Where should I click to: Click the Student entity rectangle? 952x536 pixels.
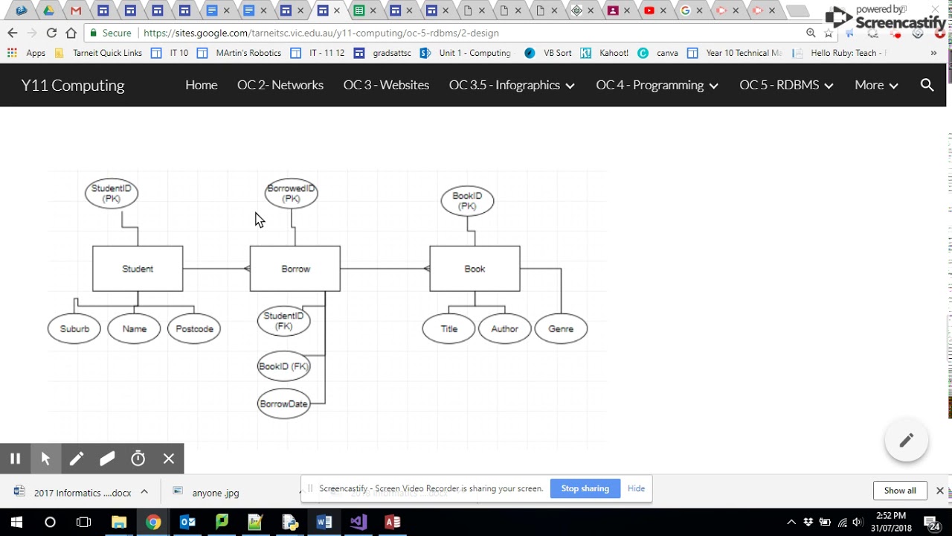138,269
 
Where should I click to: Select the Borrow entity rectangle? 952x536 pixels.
295,269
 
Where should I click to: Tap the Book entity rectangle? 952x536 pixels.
475,269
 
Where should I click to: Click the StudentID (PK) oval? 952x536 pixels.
112,194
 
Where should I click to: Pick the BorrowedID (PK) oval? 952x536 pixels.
292,194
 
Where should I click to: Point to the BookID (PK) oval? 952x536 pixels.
467,201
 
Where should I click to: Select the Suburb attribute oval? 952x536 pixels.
74,329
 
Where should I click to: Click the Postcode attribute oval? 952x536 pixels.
194,329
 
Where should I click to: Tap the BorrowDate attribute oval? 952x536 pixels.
283,404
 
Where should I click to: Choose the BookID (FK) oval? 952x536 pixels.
283,366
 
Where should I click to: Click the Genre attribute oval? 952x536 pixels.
561,329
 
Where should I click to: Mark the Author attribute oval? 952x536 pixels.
504,329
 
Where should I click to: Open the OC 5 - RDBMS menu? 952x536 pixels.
785,85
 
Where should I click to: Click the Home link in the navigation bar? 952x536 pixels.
201,85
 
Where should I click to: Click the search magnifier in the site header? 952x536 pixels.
927,85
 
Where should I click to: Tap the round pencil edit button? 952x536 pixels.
906,441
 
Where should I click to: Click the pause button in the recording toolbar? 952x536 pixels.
15,459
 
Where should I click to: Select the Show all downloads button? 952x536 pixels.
900,491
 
